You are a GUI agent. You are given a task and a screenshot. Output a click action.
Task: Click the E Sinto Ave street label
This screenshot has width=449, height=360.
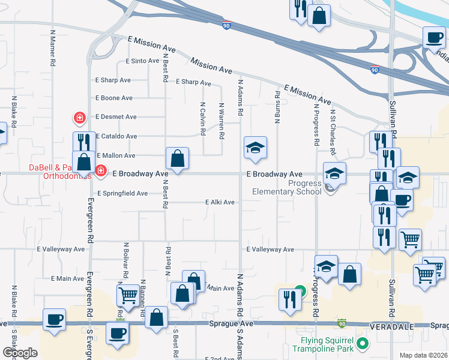[142, 61]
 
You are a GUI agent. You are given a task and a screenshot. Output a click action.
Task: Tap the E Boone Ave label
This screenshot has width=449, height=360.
[113, 98]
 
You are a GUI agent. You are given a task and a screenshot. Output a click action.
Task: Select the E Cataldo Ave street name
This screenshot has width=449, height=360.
[116, 136]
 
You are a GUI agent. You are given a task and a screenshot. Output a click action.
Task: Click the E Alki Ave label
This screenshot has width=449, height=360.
[220, 202]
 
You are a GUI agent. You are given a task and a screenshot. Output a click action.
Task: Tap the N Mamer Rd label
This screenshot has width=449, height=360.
[53, 48]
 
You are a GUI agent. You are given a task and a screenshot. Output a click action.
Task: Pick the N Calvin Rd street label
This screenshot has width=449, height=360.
[203, 118]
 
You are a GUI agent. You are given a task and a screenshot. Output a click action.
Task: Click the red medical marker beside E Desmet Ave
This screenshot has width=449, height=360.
[79, 117]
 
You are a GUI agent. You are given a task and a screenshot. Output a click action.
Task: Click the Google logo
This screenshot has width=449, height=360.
[20, 352]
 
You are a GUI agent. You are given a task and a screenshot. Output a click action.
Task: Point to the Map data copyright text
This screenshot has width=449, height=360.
[423, 355]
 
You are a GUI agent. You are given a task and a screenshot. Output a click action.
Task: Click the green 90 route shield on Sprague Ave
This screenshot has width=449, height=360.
[342, 323]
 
